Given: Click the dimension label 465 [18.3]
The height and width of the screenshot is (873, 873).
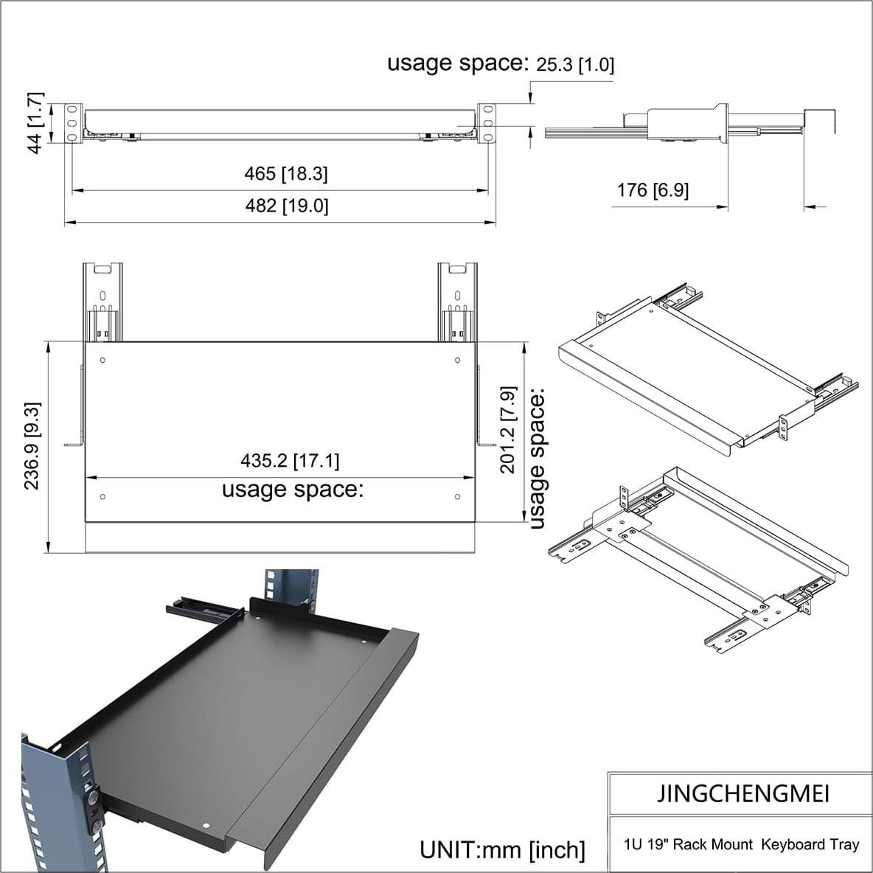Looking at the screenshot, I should coord(286,174).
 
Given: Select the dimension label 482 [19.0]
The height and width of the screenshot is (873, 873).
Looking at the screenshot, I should coord(286,206).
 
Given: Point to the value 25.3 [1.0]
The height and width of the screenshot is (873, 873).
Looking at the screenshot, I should coord(574,65).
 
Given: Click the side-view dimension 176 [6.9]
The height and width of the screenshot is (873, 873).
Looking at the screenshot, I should coord(653,190).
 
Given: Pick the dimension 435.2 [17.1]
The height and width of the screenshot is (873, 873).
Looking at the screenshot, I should coord(290,461).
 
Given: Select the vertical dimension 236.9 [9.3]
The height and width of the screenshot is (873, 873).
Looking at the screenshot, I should coord(32,445).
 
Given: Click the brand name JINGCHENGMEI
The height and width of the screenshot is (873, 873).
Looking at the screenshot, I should coord(742,793).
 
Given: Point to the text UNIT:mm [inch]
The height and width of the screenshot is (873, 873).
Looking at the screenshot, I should coord(502,849).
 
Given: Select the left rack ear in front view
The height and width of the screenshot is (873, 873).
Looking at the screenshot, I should coord(72,123).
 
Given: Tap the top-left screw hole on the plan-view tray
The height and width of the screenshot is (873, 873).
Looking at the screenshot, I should coord(102,361).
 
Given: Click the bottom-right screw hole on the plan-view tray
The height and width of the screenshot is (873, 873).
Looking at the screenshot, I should coord(457,497).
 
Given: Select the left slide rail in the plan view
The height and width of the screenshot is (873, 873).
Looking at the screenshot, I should coord(102,302).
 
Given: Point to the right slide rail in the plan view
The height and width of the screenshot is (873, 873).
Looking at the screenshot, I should coord(457,302).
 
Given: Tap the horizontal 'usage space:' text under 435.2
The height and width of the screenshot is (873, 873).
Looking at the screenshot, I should coord(293,489).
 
